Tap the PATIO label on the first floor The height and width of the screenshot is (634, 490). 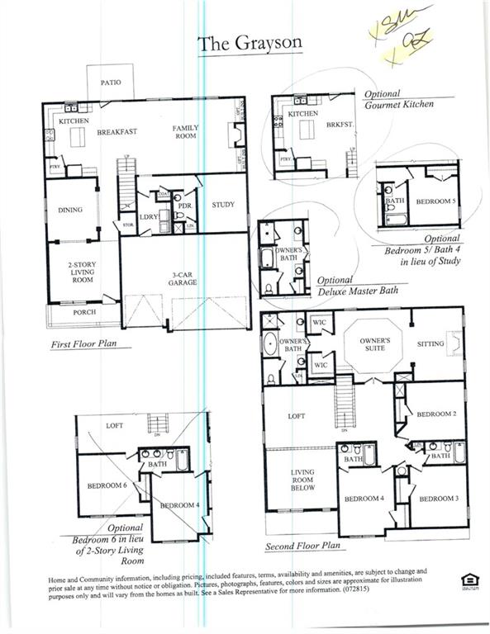112,83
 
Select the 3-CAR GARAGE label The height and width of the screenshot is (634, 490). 183,277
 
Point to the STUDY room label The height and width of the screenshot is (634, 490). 223,205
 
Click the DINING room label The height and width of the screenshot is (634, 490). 70,210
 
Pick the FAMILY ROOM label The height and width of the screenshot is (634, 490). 187,133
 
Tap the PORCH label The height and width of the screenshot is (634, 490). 85,312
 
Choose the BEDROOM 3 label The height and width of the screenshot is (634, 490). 437,499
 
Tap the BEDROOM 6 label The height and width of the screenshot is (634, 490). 107,485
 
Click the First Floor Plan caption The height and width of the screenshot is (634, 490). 85,340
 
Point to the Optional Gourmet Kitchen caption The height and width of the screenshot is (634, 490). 397,99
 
